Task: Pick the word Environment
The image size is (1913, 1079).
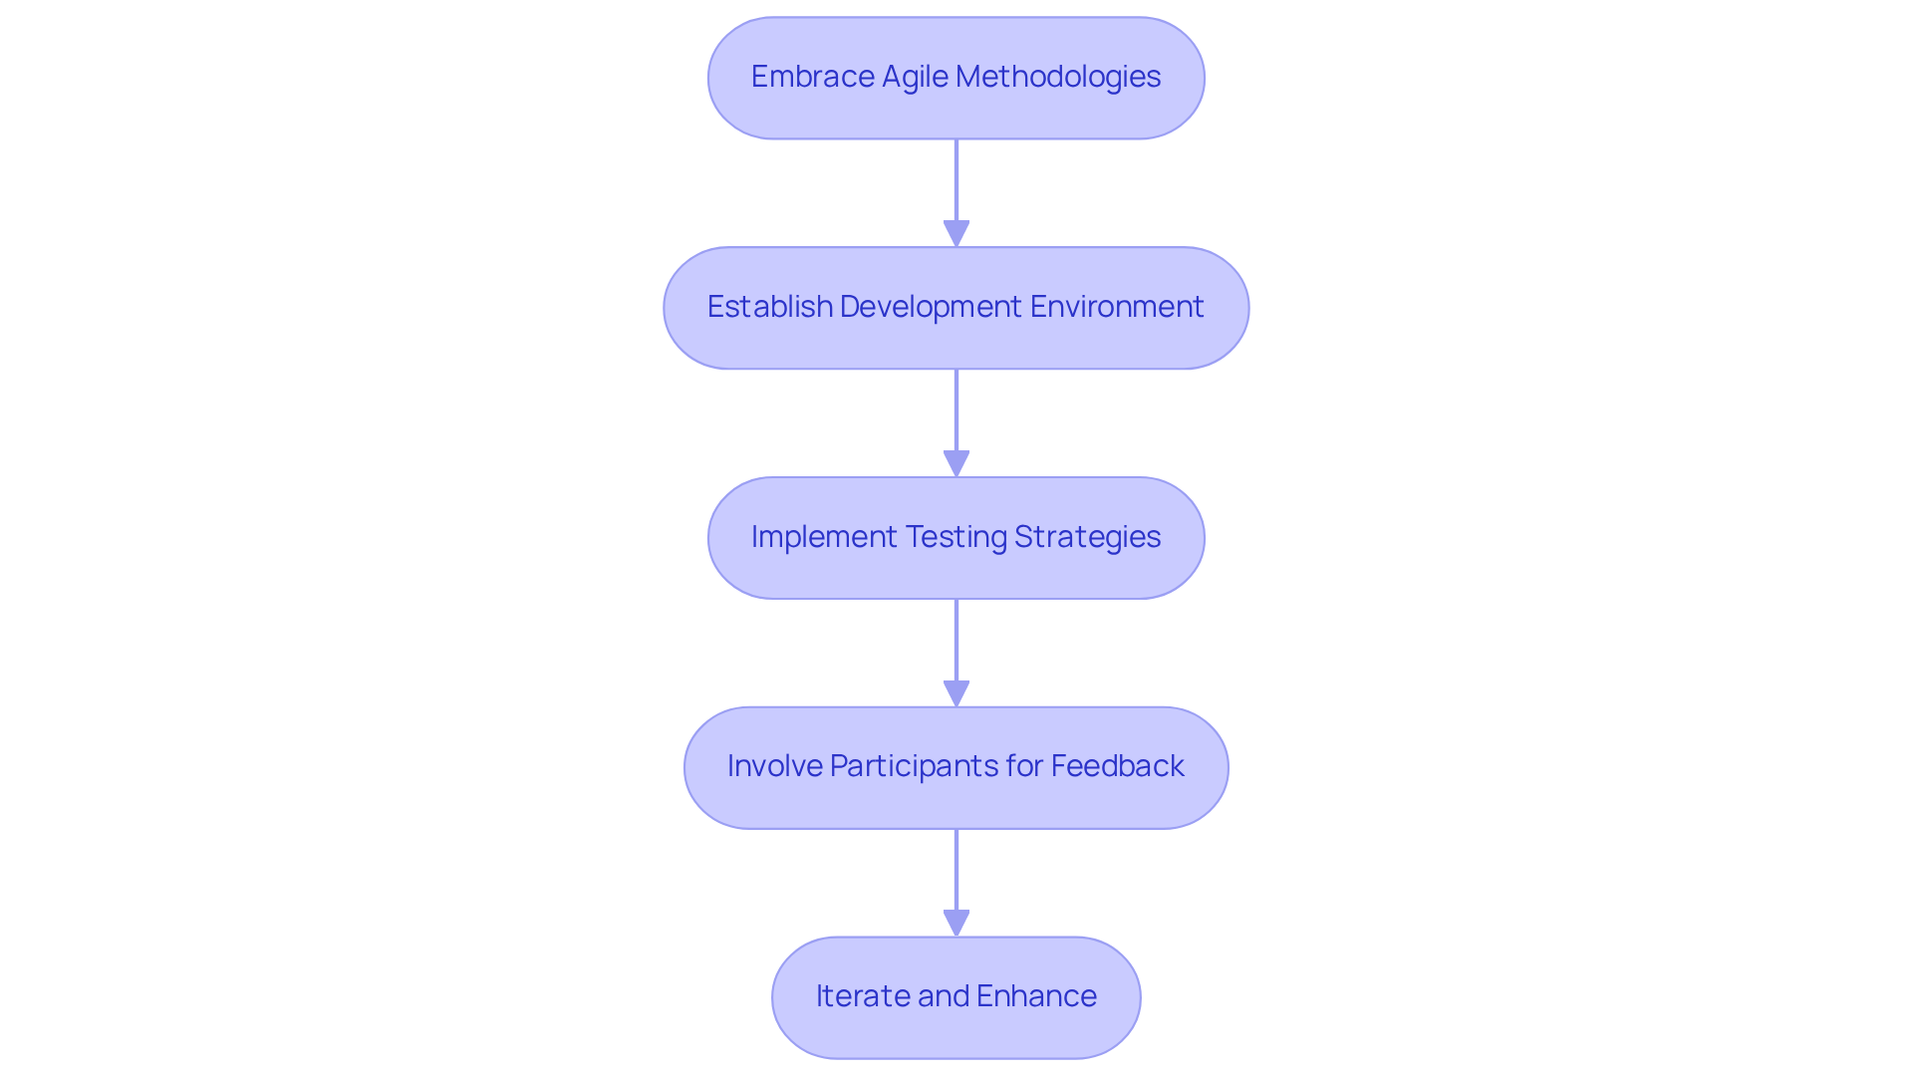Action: coord(1117,307)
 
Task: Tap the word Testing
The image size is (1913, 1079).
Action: coord(956,537)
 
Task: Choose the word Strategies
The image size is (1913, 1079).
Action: coord(1087,537)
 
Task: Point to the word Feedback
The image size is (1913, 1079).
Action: coord(1117,766)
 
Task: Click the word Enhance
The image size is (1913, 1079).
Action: coord(1036,996)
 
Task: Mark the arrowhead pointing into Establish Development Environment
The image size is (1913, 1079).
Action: coord(956,234)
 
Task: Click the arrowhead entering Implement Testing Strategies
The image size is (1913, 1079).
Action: coord(956,464)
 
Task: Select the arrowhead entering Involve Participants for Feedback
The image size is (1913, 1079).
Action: coord(956,694)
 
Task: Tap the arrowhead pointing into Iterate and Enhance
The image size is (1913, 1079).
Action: coord(956,924)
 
